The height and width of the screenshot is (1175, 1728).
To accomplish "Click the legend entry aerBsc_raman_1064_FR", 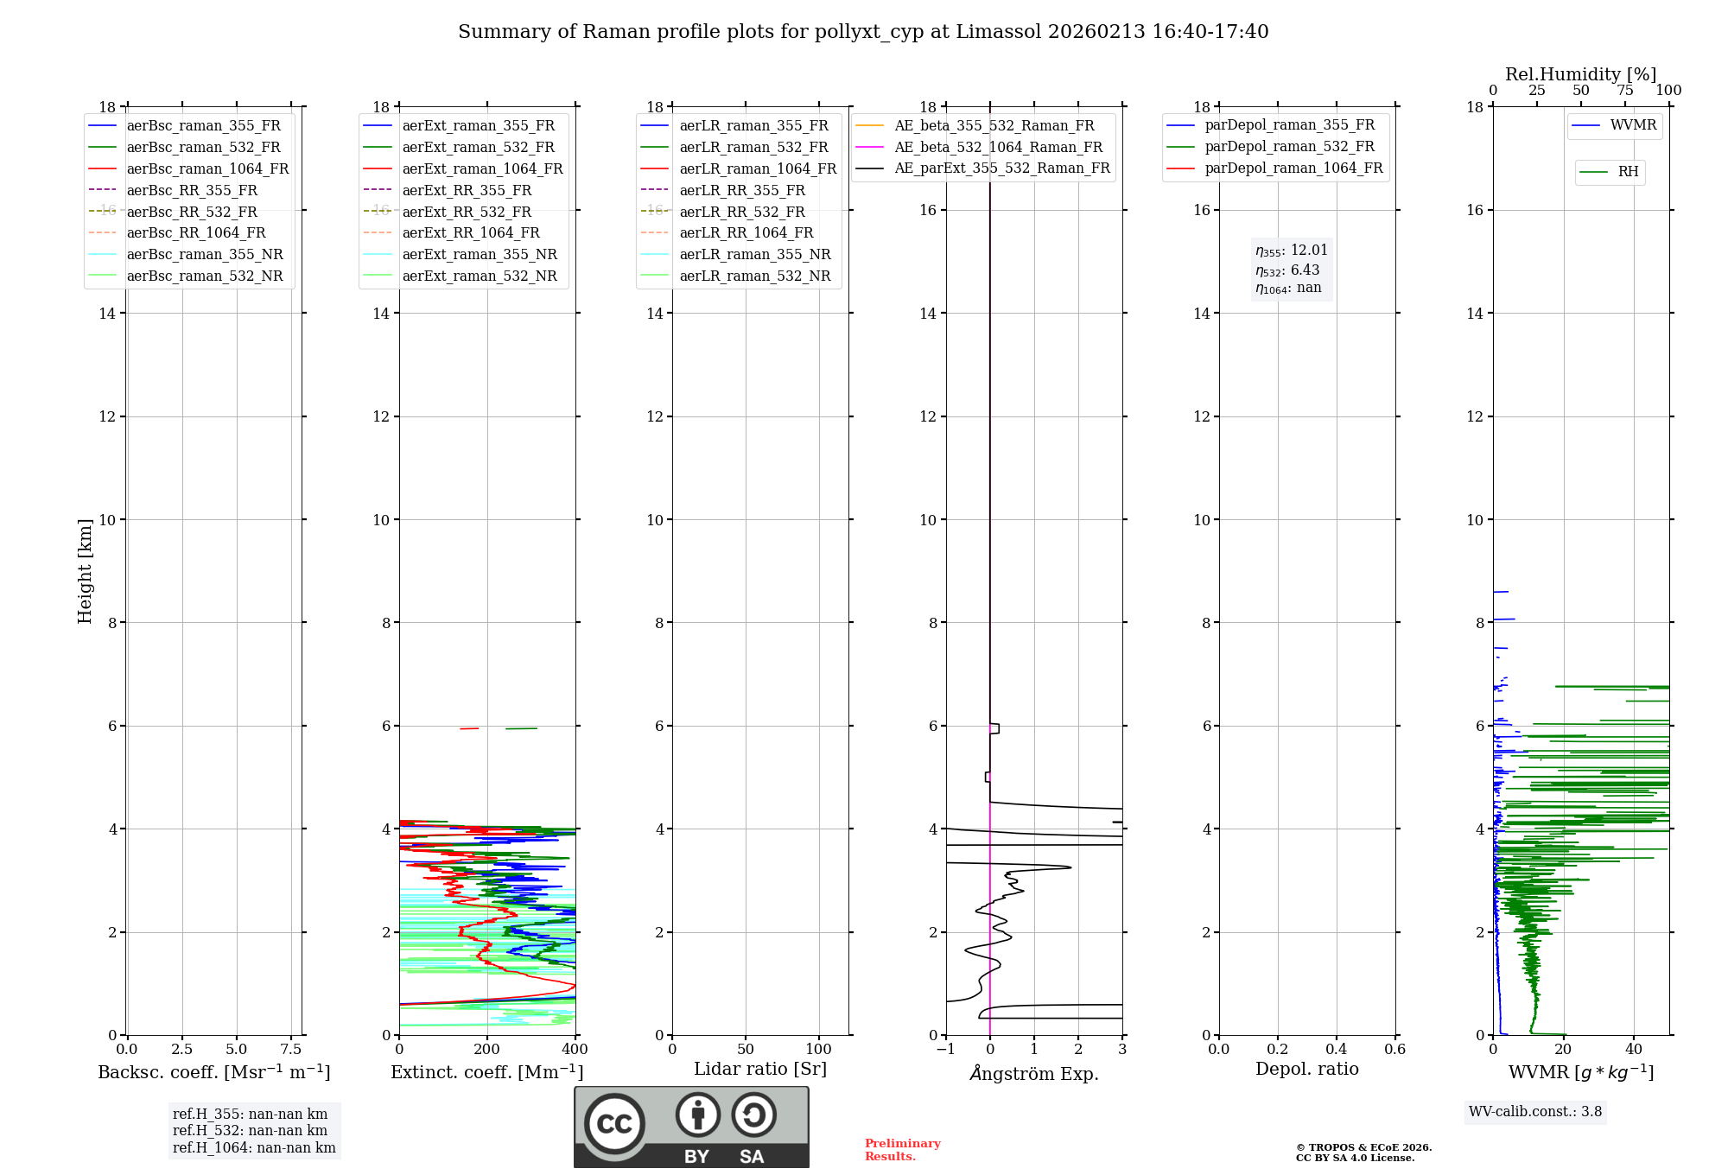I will (207, 168).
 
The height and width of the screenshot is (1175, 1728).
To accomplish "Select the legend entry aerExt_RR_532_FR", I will (466, 212).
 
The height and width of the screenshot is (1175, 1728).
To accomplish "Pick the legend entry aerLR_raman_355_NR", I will (754, 254).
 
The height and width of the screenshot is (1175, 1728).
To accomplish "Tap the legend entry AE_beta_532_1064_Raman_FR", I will (998, 147).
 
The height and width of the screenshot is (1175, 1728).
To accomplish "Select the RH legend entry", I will (1628, 172).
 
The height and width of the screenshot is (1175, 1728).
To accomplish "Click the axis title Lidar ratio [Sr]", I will (760, 1069).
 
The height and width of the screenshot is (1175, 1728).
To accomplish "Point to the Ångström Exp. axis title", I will (1034, 1073).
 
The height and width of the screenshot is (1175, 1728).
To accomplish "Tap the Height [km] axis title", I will (85, 571).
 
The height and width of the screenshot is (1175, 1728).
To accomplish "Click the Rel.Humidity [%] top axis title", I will (1580, 74).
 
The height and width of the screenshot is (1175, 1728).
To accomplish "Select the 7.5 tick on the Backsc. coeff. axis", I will (291, 1050).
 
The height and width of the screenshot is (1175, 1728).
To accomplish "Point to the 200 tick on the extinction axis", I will (487, 1050).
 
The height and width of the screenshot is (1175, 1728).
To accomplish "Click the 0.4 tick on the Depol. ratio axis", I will (1337, 1050).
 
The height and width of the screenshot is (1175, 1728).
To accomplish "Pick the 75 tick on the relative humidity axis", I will (1625, 91).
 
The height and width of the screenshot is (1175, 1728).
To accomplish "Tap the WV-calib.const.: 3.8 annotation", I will (1535, 1112).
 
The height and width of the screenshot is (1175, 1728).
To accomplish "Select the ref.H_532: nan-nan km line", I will (250, 1130).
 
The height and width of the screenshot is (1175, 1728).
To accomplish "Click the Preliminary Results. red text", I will (902, 1149).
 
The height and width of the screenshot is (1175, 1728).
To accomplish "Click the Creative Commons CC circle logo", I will (614, 1123).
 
